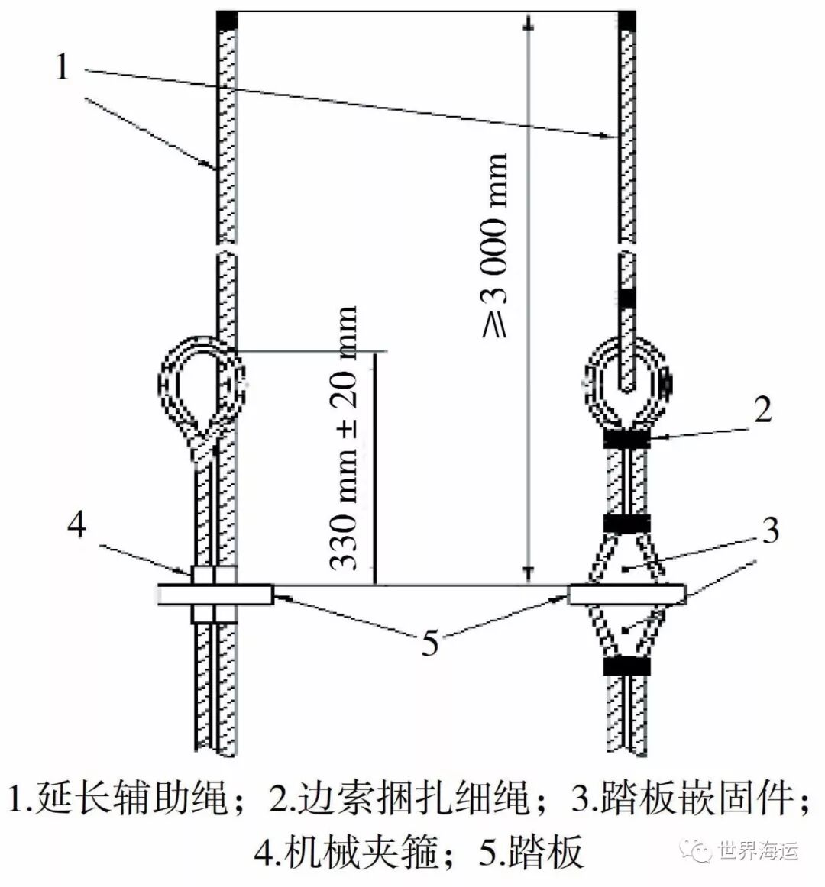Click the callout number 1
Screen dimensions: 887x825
(x=62, y=67)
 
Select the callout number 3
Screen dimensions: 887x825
(x=770, y=530)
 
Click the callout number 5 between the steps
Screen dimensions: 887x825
(x=429, y=643)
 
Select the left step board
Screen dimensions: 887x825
(x=215, y=595)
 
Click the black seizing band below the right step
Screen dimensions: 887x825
(x=627, y=666)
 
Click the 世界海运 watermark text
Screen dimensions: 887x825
(x=759, y=850)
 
